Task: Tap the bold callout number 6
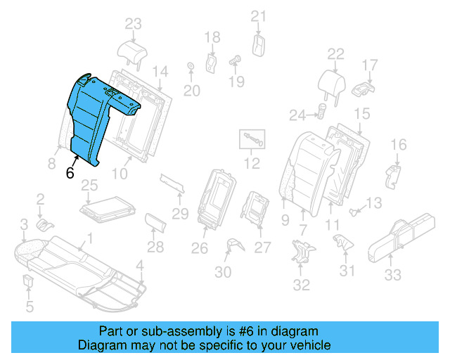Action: (70, 173)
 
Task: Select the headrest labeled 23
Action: (131, 51)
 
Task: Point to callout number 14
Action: (160, 71)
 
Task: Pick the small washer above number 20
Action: (191, 67)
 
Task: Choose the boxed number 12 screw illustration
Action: (252, 140)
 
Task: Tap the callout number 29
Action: (181, 213)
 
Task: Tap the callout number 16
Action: (398, 145)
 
